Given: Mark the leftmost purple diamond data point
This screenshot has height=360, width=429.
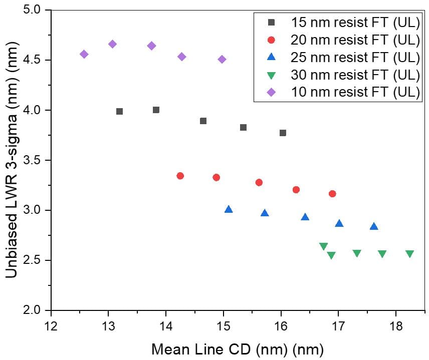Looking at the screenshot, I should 84,54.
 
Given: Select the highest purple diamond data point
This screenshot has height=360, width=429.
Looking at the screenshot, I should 112,44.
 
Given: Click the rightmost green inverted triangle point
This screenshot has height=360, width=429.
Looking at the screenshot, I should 409,254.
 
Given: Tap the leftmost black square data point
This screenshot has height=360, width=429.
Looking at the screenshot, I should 119,111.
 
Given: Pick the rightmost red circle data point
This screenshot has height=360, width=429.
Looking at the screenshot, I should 332,194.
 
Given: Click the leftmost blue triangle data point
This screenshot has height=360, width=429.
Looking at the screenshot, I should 229,209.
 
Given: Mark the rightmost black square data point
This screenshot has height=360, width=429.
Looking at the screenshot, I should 283,133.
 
